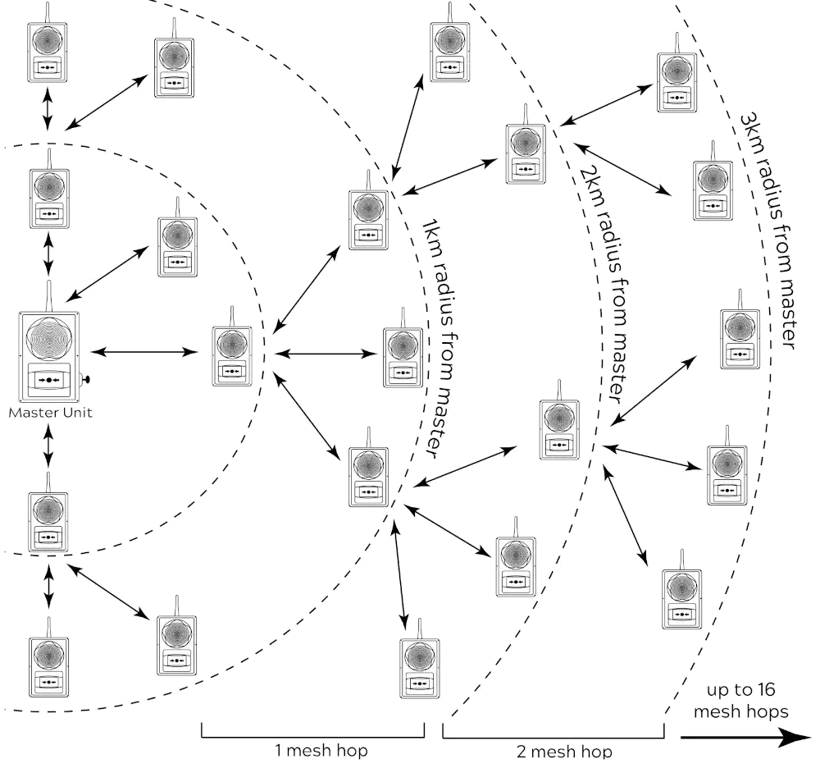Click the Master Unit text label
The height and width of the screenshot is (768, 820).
click(x=51, y=414)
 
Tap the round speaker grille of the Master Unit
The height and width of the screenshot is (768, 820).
click(x=51, y=341)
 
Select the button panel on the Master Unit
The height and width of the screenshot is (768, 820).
click(x=51, y=381)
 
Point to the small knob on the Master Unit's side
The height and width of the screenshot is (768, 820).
click(x=87, y=381)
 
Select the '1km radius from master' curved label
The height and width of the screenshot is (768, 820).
click(x=435, y=336)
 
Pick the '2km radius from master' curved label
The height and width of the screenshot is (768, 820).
click(x=608, y=279)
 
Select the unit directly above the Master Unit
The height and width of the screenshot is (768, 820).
click(x=50, y=196)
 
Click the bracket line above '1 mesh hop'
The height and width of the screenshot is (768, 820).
click(x=312, y=738)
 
